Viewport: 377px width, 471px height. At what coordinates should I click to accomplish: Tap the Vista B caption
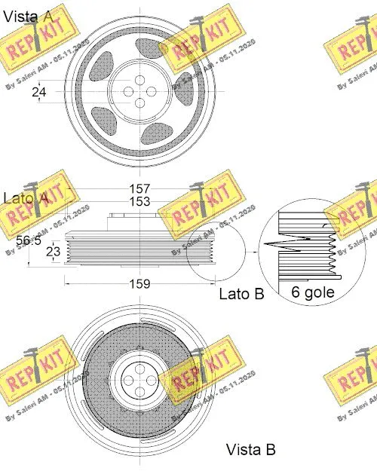click(250, 450)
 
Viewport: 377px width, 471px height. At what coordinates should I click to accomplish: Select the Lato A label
click(26, 198)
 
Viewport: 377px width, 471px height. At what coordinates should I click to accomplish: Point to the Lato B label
click(241, 295)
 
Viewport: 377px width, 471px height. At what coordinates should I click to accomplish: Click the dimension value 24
click(40, 92)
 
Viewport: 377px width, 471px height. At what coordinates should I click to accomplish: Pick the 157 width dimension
click(139, 188)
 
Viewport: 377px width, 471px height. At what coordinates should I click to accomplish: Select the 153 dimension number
click(139, 202)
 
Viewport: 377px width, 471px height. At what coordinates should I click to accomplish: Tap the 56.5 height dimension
click(29, 240)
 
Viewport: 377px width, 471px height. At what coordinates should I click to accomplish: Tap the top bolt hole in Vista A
click(139, 78)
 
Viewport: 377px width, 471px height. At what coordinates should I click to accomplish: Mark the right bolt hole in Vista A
click(152, 91)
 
